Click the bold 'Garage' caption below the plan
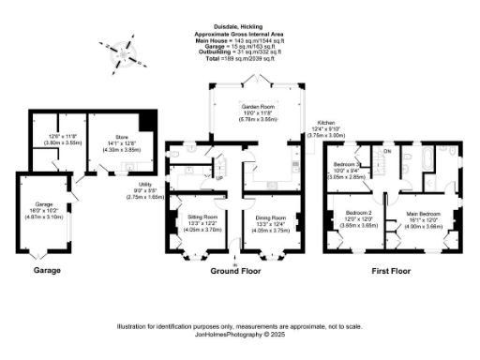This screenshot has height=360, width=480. pos(47,270)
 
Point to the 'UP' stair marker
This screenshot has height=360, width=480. pos(220,176)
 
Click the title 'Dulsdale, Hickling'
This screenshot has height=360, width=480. pos(239,28)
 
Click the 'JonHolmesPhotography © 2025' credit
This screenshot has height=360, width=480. pos(239,333)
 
